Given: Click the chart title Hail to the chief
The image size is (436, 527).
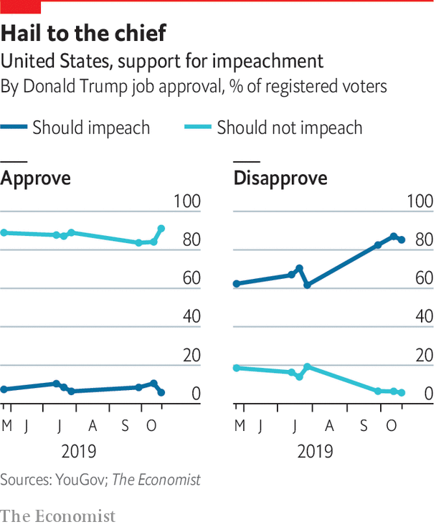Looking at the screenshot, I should [x=84, y=33].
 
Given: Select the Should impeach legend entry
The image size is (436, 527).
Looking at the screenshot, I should [x=91, y=128].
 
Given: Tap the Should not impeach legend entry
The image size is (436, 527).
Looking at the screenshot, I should [x=290, y=128].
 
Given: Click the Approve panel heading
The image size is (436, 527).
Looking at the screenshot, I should [x=36, y=178].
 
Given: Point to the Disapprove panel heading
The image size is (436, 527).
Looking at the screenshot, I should [x=280, y=178].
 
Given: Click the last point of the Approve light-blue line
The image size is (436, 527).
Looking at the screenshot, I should [x=161, y=229].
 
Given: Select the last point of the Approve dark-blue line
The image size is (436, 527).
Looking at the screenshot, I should [x=161, y=393].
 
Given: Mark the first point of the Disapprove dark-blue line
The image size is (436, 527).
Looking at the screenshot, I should [x=236, y=284].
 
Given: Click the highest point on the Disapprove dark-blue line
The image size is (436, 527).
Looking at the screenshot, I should [x=394, y=236].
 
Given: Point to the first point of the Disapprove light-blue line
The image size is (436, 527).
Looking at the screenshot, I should [x=236, y=368].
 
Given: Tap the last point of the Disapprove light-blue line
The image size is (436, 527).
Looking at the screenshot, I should [x=402, y=393].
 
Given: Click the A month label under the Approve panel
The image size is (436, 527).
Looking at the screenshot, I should [x=93, y=427].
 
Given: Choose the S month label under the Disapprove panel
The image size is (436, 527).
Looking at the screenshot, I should [x=363, y=427].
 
